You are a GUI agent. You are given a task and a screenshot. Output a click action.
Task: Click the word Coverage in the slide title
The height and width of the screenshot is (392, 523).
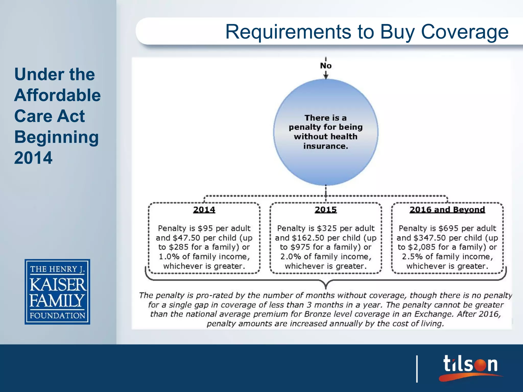point(465,32)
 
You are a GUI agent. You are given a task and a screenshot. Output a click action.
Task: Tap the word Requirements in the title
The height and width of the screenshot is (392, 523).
point(289,32)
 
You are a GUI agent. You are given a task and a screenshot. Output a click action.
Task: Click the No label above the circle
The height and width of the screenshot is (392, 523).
point(326,66)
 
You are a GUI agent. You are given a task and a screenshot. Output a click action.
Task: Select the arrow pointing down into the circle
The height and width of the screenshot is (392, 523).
point(326,75)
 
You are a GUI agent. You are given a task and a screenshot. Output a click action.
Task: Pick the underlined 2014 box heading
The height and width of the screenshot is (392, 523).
point(204,210)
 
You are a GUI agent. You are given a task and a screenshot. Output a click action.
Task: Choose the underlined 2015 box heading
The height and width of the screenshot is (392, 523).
point(326,210)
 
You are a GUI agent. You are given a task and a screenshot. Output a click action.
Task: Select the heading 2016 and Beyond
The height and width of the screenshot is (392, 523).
point(447,210)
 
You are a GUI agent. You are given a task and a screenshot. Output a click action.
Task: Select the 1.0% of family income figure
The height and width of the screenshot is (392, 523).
point(169,256)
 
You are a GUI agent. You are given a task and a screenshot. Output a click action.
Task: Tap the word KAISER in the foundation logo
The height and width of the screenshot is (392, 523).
point(58,285)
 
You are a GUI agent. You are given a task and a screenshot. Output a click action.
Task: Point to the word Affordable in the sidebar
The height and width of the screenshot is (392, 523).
point(57,95)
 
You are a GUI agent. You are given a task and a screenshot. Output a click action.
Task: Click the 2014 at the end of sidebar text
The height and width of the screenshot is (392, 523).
point(33,158)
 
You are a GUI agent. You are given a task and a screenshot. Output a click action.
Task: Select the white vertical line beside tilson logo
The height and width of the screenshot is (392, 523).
point(417,369)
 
